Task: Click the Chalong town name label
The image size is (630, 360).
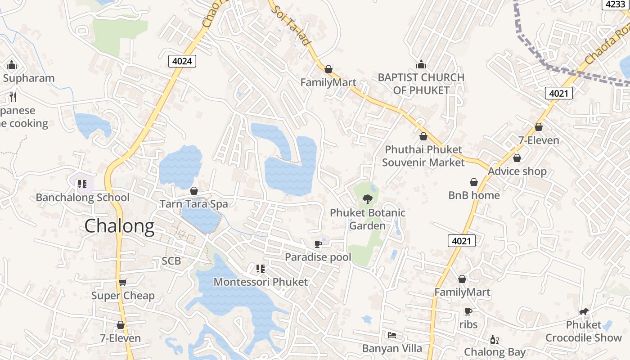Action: (119, 226)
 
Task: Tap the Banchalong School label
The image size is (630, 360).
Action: (82, 198)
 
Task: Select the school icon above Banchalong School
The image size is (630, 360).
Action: (82, 184)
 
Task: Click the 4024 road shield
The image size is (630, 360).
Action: (183, 61)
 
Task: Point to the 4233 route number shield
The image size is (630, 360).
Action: (615, 4)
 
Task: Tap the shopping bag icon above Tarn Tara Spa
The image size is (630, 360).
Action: (194, 191)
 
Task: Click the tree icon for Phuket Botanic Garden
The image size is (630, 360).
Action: (368, 199)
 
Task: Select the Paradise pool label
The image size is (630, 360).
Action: (318, 257)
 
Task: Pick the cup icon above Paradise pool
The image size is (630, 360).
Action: (318, 244)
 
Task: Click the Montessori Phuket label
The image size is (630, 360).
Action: (261, 282)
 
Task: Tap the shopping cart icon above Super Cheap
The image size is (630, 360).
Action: (123, 282)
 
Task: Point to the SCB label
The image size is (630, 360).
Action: (171, 261)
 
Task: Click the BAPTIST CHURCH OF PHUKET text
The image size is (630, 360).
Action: (421, 84)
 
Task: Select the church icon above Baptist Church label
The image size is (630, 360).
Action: (421, 65)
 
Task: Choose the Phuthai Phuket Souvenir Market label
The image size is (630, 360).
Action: (423, 156)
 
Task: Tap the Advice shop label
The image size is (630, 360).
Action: (517, 171)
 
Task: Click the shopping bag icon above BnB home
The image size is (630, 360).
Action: (474, 182)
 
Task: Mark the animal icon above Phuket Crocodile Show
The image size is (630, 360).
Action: (584, 311)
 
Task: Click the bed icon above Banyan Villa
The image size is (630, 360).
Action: (392, 335)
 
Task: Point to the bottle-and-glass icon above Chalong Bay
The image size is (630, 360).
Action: (495, 339)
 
